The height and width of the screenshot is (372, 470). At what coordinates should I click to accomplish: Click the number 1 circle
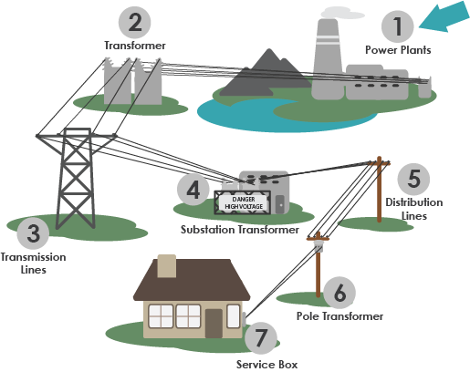(x=396, y=24)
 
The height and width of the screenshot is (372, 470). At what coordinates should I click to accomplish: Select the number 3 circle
(x=33, y=234)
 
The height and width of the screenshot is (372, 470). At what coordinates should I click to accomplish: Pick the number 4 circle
(x=193, y=191)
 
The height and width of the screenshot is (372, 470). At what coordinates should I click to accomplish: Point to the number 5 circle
(x=413, y=177)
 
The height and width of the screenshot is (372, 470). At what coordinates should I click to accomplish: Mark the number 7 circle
(x=261, y=338)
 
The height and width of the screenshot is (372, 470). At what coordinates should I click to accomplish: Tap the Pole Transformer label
(x=339, y=315)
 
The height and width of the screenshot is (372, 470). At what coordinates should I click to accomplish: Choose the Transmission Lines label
(x=33, y=263)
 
